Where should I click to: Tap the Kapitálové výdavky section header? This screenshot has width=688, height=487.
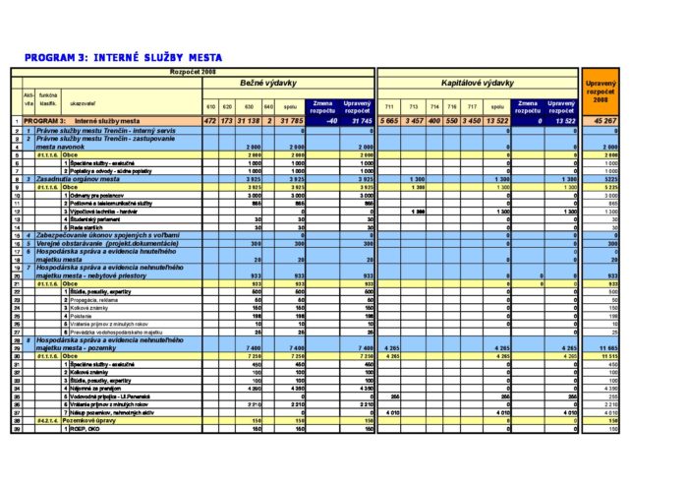[x=478, y=83]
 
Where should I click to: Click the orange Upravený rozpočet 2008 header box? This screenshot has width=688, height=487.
[x=601, y=94]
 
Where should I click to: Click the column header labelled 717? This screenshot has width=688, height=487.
[x=470, y=105]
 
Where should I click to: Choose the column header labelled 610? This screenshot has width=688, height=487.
[x=209, y=105]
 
